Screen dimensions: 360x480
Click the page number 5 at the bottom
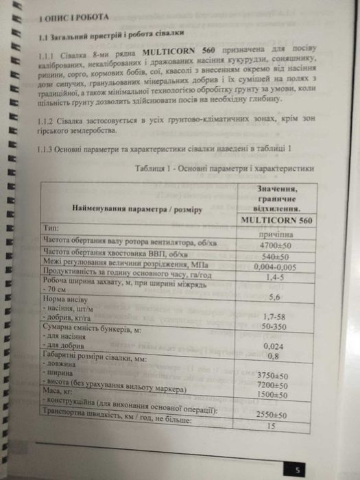[x=297, y=470]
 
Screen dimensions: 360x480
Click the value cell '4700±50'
[x=274, y=243]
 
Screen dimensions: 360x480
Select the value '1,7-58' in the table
[x=274, y=317]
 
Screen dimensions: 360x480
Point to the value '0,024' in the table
[x=274, y=346]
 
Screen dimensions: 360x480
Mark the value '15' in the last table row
[x=272, y=426]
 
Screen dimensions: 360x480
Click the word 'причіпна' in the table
[x=274, y=233]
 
